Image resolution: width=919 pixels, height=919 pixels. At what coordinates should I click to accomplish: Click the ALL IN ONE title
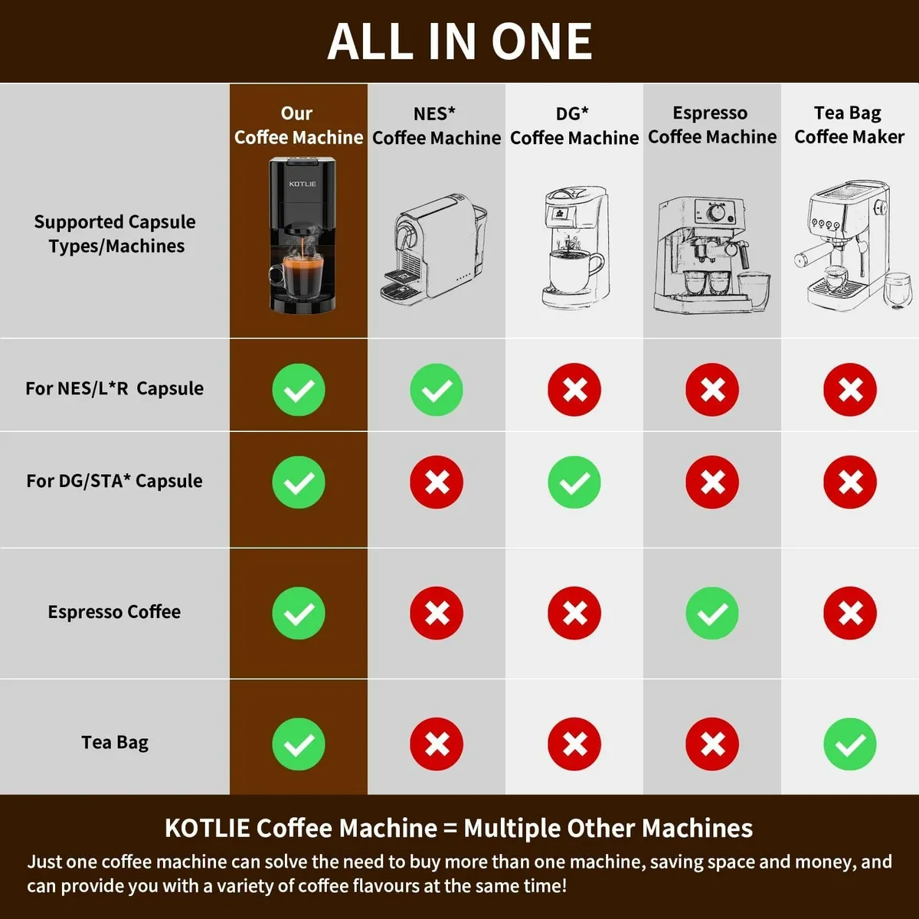pos(459,41)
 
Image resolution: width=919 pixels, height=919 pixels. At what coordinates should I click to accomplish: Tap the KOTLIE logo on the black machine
pos(303,184)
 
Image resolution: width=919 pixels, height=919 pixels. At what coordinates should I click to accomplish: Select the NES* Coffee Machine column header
pos(437,126)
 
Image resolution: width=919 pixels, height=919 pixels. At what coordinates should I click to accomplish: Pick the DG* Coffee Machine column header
pos(574,126)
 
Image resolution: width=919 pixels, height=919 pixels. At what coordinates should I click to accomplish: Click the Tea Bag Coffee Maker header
pos(849,125)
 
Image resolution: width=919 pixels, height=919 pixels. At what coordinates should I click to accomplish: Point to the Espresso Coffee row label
pos(114,612)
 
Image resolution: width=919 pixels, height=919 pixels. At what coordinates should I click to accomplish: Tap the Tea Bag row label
pos(115,742)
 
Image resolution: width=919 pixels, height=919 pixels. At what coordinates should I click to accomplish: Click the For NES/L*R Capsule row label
pos(114,388)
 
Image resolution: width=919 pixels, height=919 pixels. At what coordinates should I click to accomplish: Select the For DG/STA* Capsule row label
pos(114,481)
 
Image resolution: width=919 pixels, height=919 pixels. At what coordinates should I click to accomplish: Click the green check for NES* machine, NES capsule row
pos(437,390)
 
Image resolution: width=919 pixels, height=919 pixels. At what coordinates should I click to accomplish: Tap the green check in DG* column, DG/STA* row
pos(574,482)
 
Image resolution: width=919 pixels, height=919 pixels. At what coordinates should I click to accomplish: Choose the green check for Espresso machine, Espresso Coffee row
pos(712,613)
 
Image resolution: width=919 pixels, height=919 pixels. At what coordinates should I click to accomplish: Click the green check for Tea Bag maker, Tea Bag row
pos(850,744)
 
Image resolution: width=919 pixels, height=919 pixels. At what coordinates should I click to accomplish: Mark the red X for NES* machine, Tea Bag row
pos(437,744)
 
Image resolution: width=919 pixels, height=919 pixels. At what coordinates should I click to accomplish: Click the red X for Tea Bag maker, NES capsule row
pos(850,390)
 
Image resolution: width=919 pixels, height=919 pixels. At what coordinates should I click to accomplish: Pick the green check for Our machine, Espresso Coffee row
pos(299,613)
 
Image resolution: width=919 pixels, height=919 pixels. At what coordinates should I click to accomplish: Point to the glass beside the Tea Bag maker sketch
pos(898,289)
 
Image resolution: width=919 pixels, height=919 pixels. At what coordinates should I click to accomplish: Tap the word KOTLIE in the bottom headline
pos(207,828)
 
